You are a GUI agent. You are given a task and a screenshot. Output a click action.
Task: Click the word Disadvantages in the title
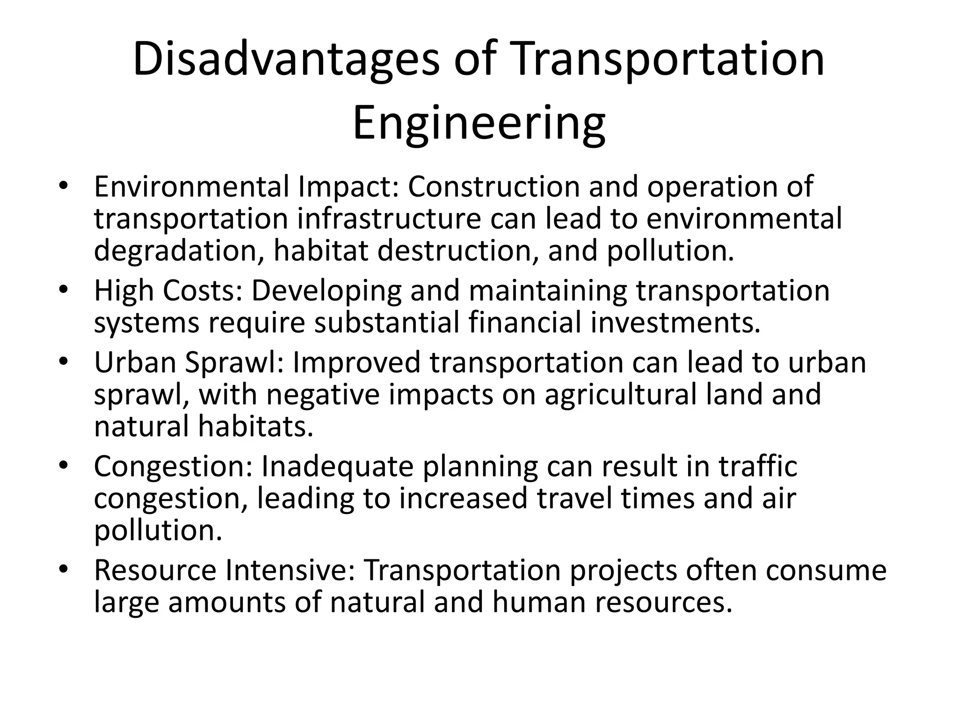(x=286, y=60)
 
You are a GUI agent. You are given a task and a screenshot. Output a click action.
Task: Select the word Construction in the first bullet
(x=494, y=186)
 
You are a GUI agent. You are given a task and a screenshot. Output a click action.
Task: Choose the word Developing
(x=326, y=291)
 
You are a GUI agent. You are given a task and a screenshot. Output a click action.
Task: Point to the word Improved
(x=356, y=363)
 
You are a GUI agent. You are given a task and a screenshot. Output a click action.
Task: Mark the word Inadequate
(x=337, y=466)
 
